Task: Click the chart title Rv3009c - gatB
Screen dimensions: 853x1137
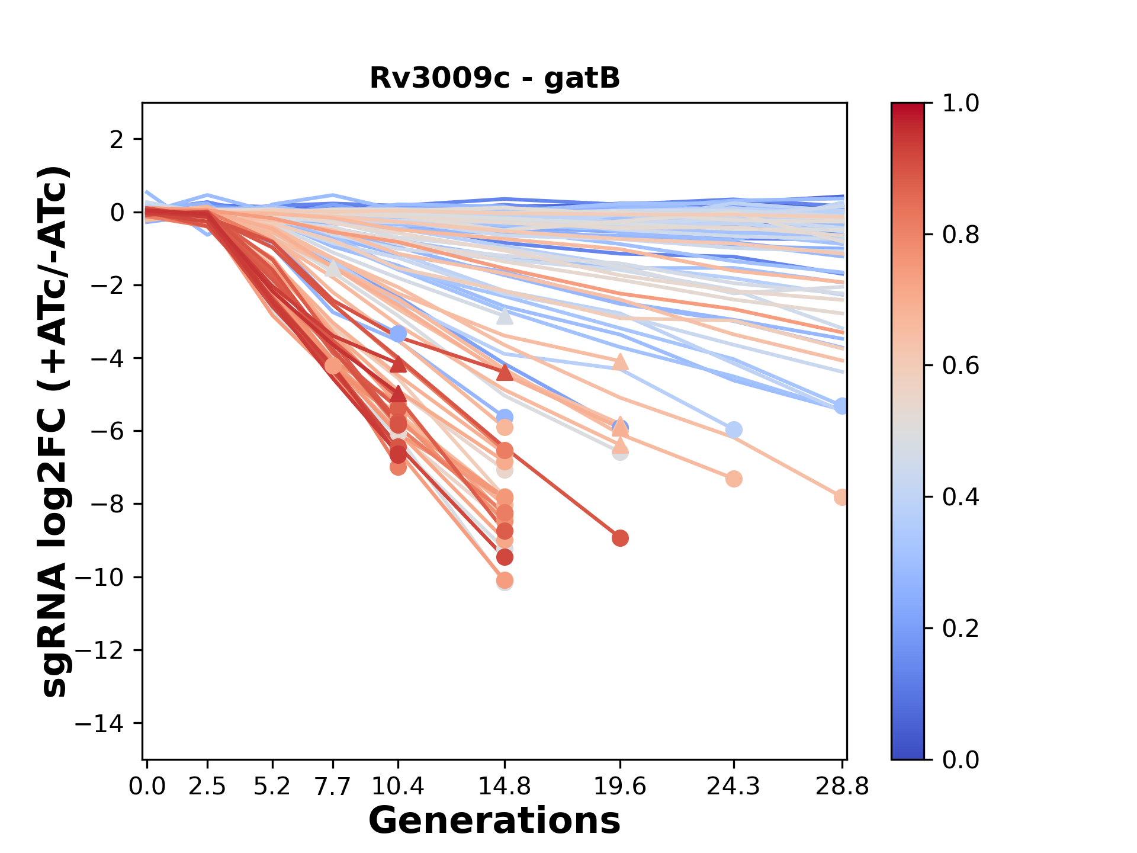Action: (494, 78)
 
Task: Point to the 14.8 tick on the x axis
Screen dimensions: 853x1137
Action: (505, 787)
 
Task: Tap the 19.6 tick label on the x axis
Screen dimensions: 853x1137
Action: (620, 787)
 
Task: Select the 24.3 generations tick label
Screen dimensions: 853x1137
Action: (733, 787)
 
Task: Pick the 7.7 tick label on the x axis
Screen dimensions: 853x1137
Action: (333, 787)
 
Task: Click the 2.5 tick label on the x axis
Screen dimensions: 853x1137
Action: (207, 787)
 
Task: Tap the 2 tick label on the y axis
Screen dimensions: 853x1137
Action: (117, 140)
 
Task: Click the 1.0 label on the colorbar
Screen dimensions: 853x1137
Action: (961, 104)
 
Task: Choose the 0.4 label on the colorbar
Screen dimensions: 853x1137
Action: (961, 497)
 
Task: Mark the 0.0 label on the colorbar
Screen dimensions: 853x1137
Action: (961, 759)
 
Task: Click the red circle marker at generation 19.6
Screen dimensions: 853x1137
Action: (620, 538)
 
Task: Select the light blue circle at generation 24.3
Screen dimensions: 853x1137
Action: (734, 429)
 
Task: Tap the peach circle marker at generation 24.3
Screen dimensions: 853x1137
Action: (734, 479)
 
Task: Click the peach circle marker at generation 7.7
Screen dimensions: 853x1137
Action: (333, 366)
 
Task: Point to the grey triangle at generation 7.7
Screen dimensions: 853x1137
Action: (333, 268)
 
